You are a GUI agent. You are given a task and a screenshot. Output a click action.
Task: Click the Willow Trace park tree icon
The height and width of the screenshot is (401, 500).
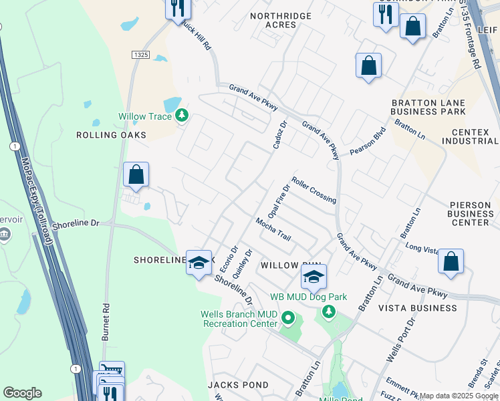click(x=182, y=116)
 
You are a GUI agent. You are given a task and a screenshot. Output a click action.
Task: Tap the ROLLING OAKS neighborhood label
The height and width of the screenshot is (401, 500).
click(x=111, y=135)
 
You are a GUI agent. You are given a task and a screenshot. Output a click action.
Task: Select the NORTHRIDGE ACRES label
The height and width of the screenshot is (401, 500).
click(x=281, y=20)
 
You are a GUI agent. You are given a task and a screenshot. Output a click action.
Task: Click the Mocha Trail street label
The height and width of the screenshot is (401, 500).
click(x=273, y=229)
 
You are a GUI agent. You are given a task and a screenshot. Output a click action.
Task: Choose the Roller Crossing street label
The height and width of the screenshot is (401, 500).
click(x=314, y=190)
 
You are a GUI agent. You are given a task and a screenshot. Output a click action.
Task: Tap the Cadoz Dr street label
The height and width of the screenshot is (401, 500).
click(x=279, y=134)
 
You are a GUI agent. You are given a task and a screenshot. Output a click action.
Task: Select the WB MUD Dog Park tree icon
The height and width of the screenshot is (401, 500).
click(x=328, y=311)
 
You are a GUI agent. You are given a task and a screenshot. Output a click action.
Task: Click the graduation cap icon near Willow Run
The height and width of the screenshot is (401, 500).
click(x=313, y=277)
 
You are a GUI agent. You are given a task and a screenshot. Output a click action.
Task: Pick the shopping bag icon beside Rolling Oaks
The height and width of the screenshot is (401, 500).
click(x=136, y=175)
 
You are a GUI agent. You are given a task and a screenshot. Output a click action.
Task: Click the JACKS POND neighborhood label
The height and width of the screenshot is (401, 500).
click(x=238, y=385)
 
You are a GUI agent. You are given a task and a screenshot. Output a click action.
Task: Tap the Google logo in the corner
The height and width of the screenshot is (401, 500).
click(x=22, y=393)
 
